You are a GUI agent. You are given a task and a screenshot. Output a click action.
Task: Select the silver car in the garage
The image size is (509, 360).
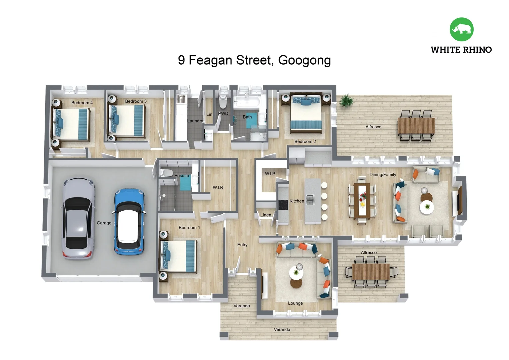[x=79, y=218]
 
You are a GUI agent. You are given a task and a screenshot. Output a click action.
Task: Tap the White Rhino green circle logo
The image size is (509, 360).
[x=461, y=29]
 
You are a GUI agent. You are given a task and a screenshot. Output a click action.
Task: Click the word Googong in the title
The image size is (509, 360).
[x=304, y=60]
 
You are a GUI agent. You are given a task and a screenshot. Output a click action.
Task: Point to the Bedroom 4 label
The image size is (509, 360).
[x=82, y=103]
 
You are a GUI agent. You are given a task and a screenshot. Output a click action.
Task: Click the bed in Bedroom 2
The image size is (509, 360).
[x=306, y=113]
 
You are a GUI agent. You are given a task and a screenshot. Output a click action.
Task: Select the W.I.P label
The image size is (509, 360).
[x=270, y=174]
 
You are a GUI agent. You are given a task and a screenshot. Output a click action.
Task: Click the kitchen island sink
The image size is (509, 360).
[x=310, y=200]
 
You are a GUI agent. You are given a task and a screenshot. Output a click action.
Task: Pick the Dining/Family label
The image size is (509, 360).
[x=382, y=174]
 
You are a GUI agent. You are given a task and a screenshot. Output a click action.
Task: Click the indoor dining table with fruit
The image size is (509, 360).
[x=362, y=200]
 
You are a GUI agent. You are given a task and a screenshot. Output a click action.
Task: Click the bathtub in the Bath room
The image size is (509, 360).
[x=247, y=102]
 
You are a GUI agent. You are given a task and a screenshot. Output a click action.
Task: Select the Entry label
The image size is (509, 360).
[x=242, y=245]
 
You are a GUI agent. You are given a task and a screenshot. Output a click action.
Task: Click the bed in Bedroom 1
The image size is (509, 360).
[x=179, y=256]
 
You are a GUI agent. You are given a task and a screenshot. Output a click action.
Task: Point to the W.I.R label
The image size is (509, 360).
[x=218, y=187]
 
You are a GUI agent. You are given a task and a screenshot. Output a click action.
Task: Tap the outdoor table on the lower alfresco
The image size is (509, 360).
[x=370, y=271]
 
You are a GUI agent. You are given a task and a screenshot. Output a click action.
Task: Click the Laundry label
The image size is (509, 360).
[x=195, y=121]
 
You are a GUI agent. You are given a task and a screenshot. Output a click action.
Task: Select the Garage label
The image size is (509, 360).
[x=104, y=223]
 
